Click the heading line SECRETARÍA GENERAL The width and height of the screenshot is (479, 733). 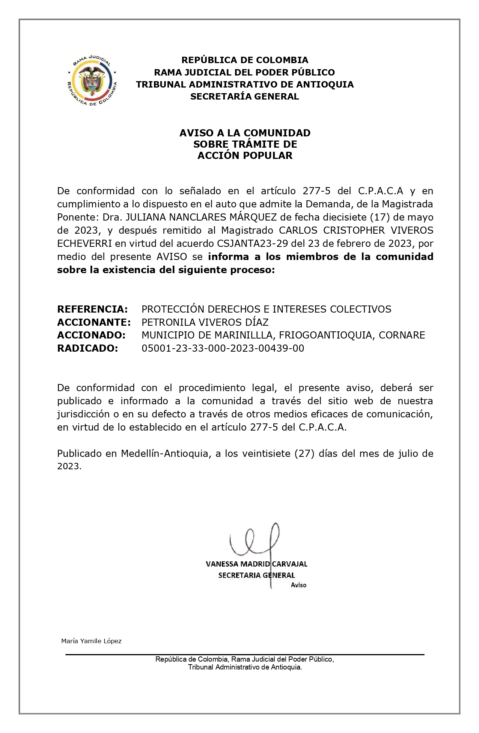pyautogui.click(x=244, y=97)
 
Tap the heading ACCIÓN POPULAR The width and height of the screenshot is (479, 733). pyautogui.click(x=245, y=156)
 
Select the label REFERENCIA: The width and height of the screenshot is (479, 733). pyautogui.click(x=92, y=309)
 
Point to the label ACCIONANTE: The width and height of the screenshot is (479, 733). pyautogui.click(x=94, y=322)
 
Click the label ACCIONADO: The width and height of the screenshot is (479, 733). pyautogui.click(x=91, y=335)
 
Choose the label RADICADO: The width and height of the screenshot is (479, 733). pyautogui.click(x=87, y=348)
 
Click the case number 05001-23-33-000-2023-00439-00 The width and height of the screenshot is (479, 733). pyautogui.click(x=223, y=348)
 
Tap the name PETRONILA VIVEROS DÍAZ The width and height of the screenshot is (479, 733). pyautogui.click(x=205, y=322)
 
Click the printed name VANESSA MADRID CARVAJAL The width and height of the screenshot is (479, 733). pyautogui.click(x=256, y=564)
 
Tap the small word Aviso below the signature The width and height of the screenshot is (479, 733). pyautogui.click(x=298, y=585)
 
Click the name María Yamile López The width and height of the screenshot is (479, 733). pyautogui.click(x=91, y=641)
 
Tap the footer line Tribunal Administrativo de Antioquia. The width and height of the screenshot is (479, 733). pyautogui.click(x=245, y=667)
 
